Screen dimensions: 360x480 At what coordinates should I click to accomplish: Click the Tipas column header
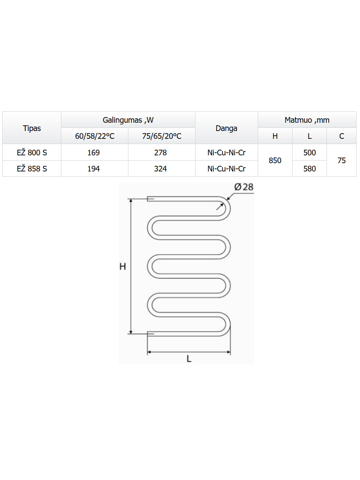coord(32,128)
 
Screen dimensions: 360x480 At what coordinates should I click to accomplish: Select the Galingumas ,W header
coord(128,120)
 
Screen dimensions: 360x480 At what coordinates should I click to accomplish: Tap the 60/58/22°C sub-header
coord(94,136)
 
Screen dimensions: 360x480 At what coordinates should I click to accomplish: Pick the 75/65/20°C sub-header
coord(161,136)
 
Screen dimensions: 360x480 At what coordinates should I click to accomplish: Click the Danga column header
coord(226,128)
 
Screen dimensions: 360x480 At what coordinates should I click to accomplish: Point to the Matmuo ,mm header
coord(307,120)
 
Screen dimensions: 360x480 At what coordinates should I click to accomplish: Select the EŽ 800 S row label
coord(32,152)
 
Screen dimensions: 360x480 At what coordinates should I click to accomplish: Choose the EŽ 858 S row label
coord(32,169)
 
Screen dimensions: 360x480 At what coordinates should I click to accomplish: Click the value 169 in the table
coord(93,152)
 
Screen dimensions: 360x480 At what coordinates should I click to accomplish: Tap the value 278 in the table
coord(160,152)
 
